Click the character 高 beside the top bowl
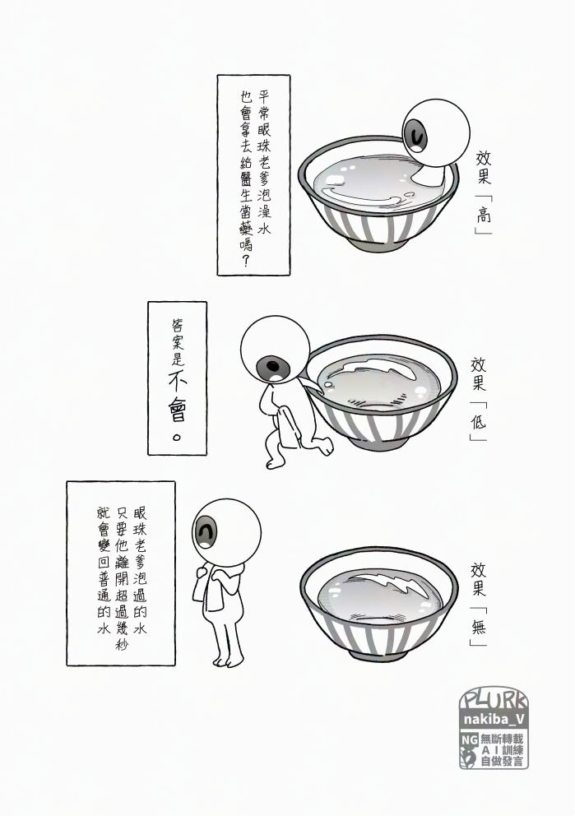coord(484,214)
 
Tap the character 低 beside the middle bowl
coord(478,420)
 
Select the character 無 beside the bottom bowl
coord(478,626)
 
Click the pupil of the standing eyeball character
coord(207,532)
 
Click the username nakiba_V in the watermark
coord(494,719)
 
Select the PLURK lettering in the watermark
coord(494,699)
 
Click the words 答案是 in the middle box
coord(178,342)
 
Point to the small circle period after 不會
coord(177,436)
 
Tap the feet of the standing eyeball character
coord(227,661)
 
